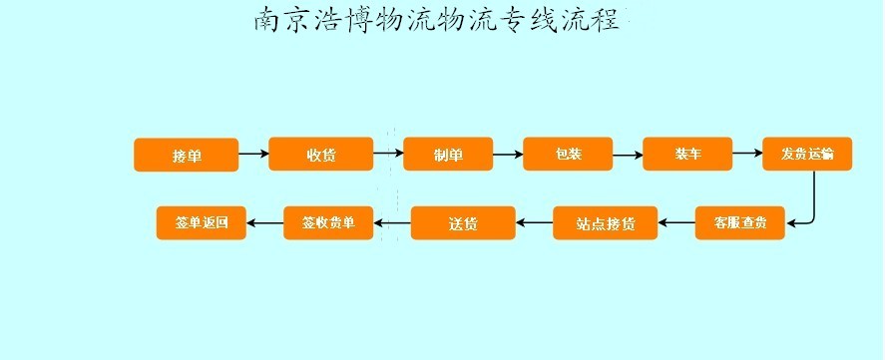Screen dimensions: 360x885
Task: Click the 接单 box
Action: click(x=186, y=155)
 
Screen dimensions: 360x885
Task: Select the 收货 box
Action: click(x=320, y=154)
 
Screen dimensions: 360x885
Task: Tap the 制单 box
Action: click(x=448, y=154)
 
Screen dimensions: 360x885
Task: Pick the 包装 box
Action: click(x=568, y=154)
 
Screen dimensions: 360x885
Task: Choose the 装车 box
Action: click(x=687, y=154)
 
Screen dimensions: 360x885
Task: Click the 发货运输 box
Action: click(x=807, y=154)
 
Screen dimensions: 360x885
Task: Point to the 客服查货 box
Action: click(x=739, y=222)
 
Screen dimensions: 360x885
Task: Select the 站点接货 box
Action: click(x=606, y=223)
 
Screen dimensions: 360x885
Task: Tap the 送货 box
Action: click(x=463, y=223)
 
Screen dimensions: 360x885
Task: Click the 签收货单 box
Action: click(x=328, y=222)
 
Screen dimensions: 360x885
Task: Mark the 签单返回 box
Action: click(x=202, y=222)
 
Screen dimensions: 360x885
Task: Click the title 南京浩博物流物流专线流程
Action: click(x=437, y=19)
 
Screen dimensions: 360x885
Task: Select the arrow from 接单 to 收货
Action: click(x=253, y=154)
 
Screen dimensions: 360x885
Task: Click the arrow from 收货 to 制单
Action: click(x=388, y=154)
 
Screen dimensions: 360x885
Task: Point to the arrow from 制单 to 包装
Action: click(x=508, y=154)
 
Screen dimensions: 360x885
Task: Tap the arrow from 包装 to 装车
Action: click(x=628, y=155)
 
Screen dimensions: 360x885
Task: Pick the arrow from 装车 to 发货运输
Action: click(x=747, y=154)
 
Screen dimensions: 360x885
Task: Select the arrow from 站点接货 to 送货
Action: click(x=535, y=223)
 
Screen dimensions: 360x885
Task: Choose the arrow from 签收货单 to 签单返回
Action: click(x=265, y=222)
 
